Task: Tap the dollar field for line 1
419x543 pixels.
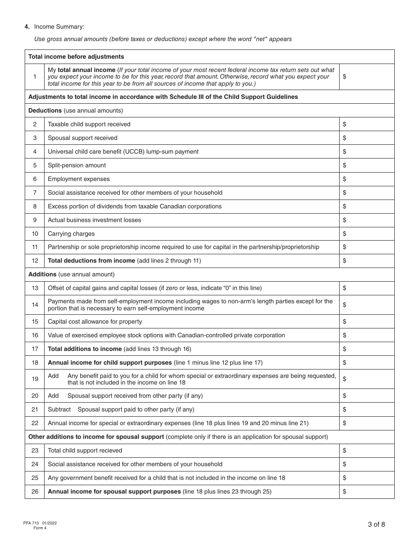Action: tap(367, 77)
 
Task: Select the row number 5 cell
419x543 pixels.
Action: tap(35, 165)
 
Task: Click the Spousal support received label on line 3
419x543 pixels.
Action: tap(82, 138)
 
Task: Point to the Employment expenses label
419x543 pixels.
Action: tap(79, 179)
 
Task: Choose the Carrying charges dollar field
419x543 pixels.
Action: tap(367, 234)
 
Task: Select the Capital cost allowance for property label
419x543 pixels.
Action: tap(95, 321)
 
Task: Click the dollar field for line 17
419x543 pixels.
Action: tap(367, 349)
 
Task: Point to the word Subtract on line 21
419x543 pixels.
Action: tap(59, 409)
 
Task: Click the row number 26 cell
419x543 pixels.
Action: tap(35, 491)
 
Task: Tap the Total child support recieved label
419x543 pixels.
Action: tap(85, 450)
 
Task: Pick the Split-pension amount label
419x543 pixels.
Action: tap(77, 165)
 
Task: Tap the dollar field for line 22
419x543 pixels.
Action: tap(367, 423)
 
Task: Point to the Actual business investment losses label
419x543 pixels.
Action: tap(94, 220)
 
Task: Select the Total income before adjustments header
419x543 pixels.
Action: tap(76, 57)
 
